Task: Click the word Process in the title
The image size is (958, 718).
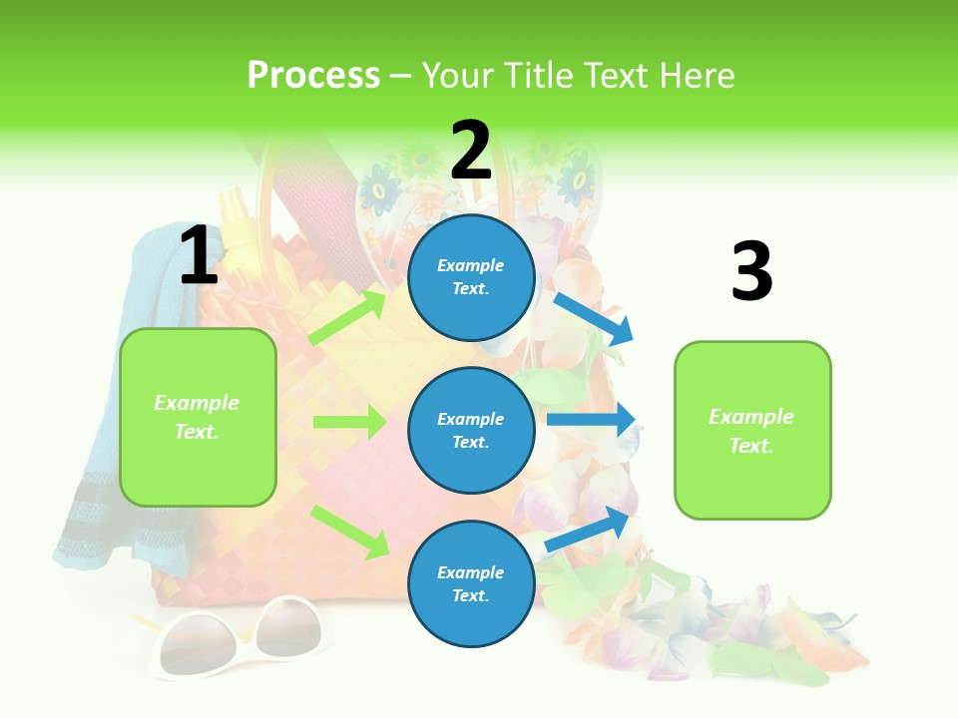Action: [313, 75]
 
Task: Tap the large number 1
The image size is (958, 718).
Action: [199, 256]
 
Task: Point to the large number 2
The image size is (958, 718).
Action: [471, 151]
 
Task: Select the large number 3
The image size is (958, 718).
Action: [751, 273]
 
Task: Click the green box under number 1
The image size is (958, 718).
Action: [198, 417]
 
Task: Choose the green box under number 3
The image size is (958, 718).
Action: [752, 430]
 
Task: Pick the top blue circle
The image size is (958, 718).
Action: [471, 277]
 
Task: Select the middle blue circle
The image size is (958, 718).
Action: [471, 430]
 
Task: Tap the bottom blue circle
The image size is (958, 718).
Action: [471, 583]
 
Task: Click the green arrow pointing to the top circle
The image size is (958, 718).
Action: [347, 317]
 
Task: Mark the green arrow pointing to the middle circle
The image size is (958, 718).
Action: [349, 422]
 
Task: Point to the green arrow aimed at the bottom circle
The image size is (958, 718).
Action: [349, 531]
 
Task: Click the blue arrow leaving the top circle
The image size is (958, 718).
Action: [593, 318]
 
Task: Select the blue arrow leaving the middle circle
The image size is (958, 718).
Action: [591, 420]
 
